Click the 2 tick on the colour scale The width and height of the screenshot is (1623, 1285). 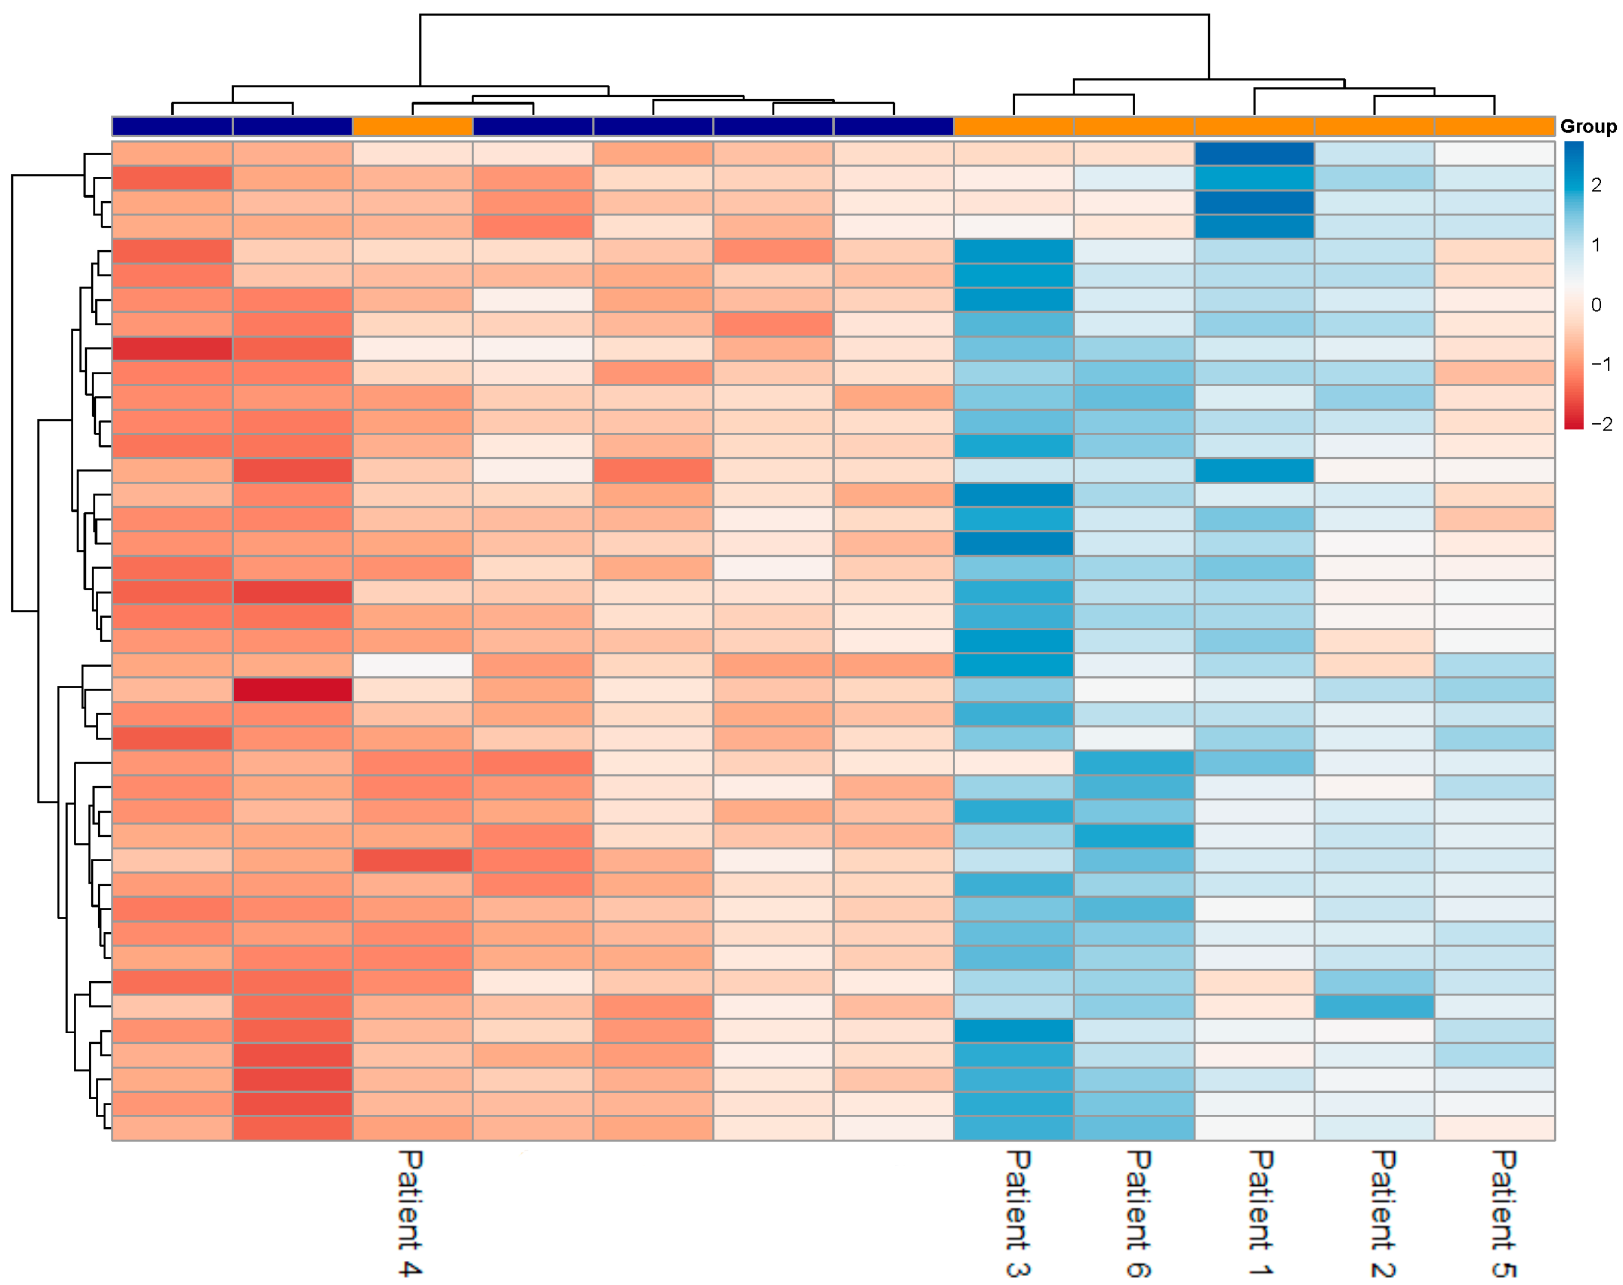tap(1596, 185)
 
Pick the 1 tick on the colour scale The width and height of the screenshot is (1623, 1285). tap(1596, 245)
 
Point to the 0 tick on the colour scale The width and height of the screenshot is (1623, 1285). tap(1596, 305)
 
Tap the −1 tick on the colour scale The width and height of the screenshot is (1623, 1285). tap(1600, 364)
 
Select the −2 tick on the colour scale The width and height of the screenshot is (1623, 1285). tap(1600, 424)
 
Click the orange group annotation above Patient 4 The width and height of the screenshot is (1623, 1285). tap(412, 126)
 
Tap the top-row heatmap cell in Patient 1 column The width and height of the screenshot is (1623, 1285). tap(1254, 153)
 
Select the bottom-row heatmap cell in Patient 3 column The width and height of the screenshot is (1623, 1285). tap(1013, 1128)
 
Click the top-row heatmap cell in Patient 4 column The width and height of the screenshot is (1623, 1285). tap(412, 153)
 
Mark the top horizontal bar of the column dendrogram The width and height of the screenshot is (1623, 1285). tap(814, 14)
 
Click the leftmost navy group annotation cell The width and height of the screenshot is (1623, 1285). tap(172, 126)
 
